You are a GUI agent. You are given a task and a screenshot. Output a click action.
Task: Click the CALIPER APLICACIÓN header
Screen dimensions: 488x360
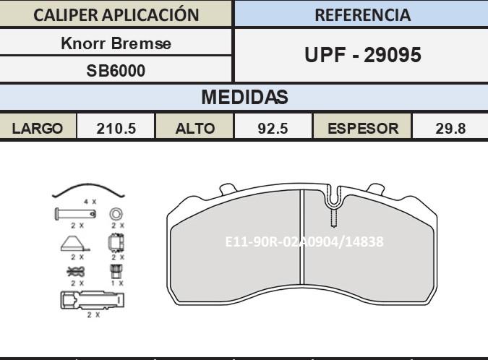[116, 15]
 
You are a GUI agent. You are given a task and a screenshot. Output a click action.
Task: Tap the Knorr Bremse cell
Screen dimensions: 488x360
[116, 43]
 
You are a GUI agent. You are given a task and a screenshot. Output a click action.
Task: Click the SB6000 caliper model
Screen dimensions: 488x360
[116, 71]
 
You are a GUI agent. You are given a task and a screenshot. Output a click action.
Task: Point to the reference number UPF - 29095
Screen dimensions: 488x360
[363, 55]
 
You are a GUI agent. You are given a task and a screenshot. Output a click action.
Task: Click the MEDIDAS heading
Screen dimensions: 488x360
[244, 97]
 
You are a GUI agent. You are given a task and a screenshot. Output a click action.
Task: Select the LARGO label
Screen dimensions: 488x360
[38, 129]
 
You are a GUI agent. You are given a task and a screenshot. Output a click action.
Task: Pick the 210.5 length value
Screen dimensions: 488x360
[116, 129]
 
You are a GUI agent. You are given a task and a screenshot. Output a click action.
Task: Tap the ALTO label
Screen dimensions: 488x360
[195, 129]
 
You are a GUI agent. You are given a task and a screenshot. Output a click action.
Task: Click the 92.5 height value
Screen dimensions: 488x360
[273, 129]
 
